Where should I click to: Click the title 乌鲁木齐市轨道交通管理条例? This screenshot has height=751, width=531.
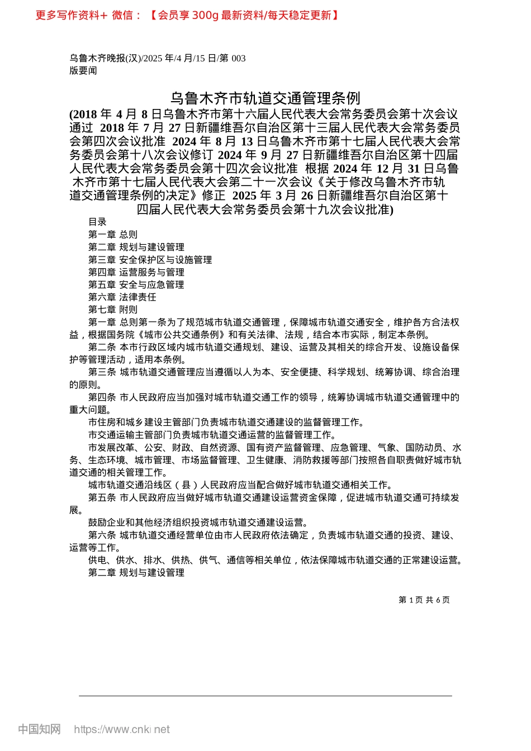pyautogui.click(x=265, y=99)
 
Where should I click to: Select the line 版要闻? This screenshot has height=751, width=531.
pyautogui.click(x=83, y=70)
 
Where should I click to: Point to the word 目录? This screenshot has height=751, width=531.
pyautogui.click(x=97, y=222)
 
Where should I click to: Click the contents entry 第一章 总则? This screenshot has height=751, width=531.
pyautogui.click(x=112, y=235)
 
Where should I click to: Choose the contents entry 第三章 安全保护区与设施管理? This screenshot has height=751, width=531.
pyautogui.click(x=150, y=260)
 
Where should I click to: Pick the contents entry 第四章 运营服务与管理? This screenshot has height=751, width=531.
pyautogui.click(x=136, y=272)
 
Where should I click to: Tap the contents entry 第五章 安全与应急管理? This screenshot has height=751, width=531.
pyautogui.click(x=136, y=284)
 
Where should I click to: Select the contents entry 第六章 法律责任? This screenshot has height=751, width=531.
pyautogui.click(x=122, y=297)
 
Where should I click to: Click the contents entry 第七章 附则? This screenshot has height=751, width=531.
pyautogui.click(x=112, y=310)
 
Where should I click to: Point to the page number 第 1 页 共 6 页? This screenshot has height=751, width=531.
pyautogui.click(x=424, y=600)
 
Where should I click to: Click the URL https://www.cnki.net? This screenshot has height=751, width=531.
pyautogui.click(x=122, y=729)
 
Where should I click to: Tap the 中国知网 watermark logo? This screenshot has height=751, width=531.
pyautogui.click(x=39, y=729)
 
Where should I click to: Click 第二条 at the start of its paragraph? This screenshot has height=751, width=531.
pyautogui.click(x=102, y=347)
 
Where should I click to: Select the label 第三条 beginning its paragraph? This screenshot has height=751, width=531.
pyautogui.click(x=102, y=372)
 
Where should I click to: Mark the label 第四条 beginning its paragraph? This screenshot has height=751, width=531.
pyautogui.click(x=102, y=397)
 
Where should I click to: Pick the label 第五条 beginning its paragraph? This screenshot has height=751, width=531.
pyautogui.click(x=102, y=497)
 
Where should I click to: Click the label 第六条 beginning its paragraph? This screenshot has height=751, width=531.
pyautogui.click(x=102, y=535)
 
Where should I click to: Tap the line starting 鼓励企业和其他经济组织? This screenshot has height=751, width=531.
pyautogui.click(x=198, y=522)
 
